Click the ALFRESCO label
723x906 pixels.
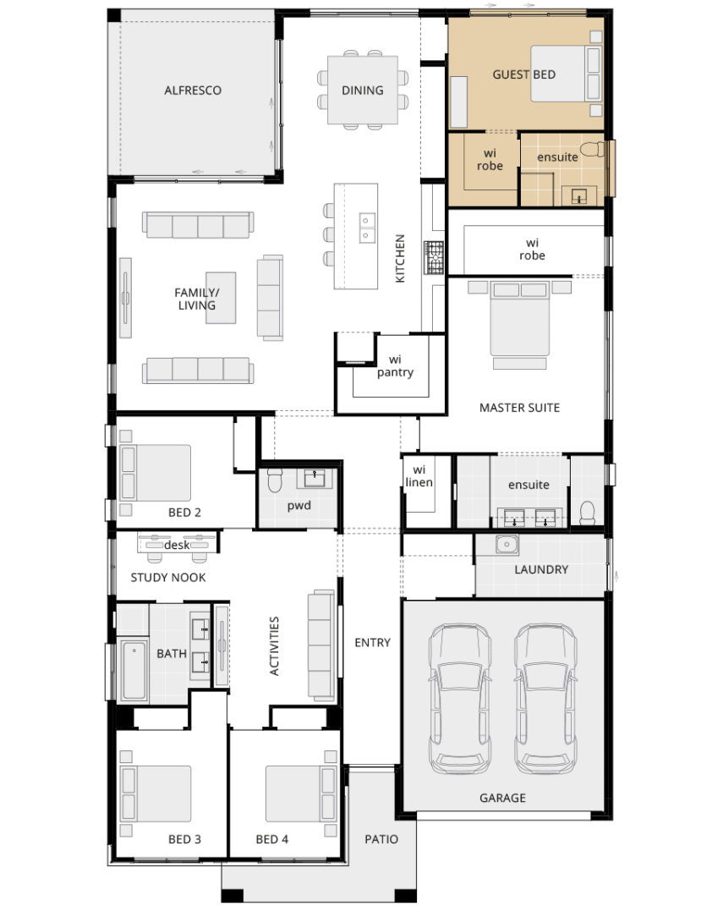pyautogui.click(x=192, y=91)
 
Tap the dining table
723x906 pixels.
pyautogui.click(x=363, y=90)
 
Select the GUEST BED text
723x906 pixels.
pyautogui.click(x=523, y=74)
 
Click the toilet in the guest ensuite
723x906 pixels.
pyautogui.click(x=593, y=150)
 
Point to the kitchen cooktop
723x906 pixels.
pyautogui.click(x=434, y=257)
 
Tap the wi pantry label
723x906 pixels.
pyautogui.click(x=395, y=365)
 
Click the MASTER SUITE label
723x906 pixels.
pyautogui.click(x=520, y=408)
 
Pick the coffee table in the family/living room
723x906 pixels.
pyautogui.click(x=221, y=298)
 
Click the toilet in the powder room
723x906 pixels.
pyautogui.click(x=275, y=479)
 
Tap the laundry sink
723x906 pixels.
pyautogui.click(x=507, y=545)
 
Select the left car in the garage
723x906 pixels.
pyautogui.click(x=460, y=699)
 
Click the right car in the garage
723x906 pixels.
pyautogui.click(x=545, y=699)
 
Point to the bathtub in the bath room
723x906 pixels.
pyautogui.click(x=134, y=670)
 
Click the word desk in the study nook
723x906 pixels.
pyautogui.click(x=177, y=545)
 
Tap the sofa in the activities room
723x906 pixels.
pyautogui.click(x=321, y=645)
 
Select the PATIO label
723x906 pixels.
pyautogui.click(x=381, y=839)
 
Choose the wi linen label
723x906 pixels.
pyautogui.click(x=419, y=476)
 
